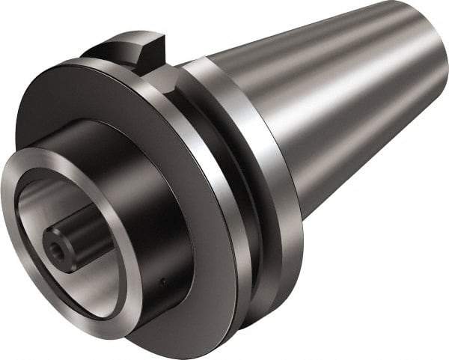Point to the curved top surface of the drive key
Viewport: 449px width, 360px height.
point(138,37)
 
